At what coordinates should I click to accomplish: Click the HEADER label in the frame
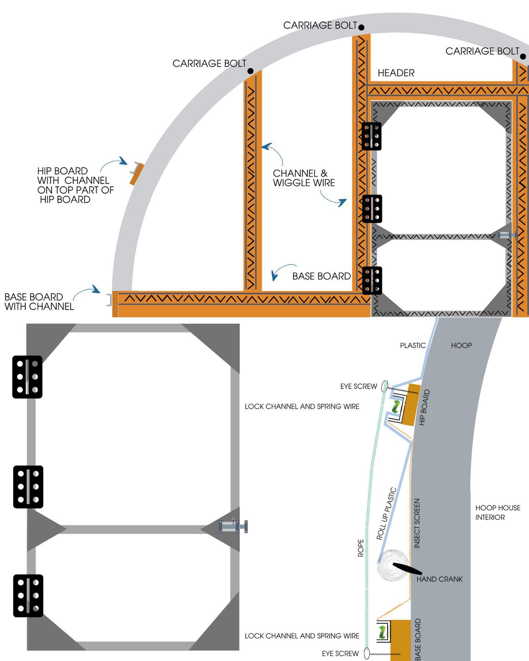pyautogui.click(x=396, y=73)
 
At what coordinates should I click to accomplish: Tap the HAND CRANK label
pyautogui.click(x=439, y=579)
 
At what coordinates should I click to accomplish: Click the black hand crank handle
pyautogui.click(x=407, y=568)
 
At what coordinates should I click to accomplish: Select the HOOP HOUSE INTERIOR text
pyautogui.click(x=498, y=512)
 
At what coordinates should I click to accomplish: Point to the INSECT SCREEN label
pyautogui.click(x=417, y=523)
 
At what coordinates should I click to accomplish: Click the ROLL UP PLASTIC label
pyautogui.click(x=386, y=513)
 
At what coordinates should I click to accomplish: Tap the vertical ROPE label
pyautogui.click(x=361, y=548)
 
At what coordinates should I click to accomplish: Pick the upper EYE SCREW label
pyautogui.click(x=359, y=386)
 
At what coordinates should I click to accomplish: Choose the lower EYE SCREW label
pyautogui.click(x=340, y=654)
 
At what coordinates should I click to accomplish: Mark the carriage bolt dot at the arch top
pyautogui.click(x=361, y=27)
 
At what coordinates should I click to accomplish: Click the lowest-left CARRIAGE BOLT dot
pyautogui.click(x=251, y=71)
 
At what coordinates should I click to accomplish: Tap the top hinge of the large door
pyautogui.click(x=27, y=377)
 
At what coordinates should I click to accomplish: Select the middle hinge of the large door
pyautogui.click(x=28, y=487)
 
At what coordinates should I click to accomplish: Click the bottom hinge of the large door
pyautogui.click(x=28, y=596)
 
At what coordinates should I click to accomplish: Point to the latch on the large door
pyautogui.click(x=233, y=526)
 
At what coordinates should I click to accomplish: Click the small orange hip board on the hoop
pyautogui.click(x=137, y=174)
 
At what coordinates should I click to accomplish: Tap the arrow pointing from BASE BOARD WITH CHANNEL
pyautogui.click(x=87, y=291)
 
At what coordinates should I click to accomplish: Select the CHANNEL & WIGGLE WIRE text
pyautogui.click(x=304, y=178)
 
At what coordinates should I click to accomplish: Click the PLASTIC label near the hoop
pyautogui.click(x=413, y=346)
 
